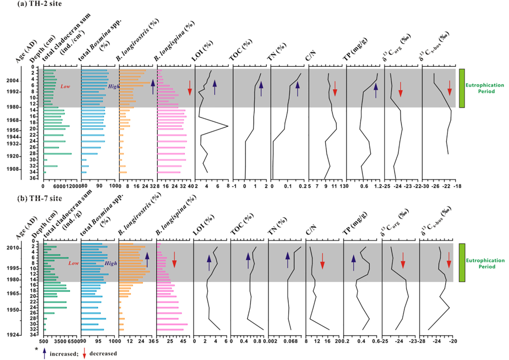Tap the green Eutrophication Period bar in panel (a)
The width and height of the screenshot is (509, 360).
pos(462,88)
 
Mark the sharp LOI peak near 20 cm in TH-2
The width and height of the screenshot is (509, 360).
pos(227,127)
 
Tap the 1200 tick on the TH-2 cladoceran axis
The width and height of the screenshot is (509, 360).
pos(72,185)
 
